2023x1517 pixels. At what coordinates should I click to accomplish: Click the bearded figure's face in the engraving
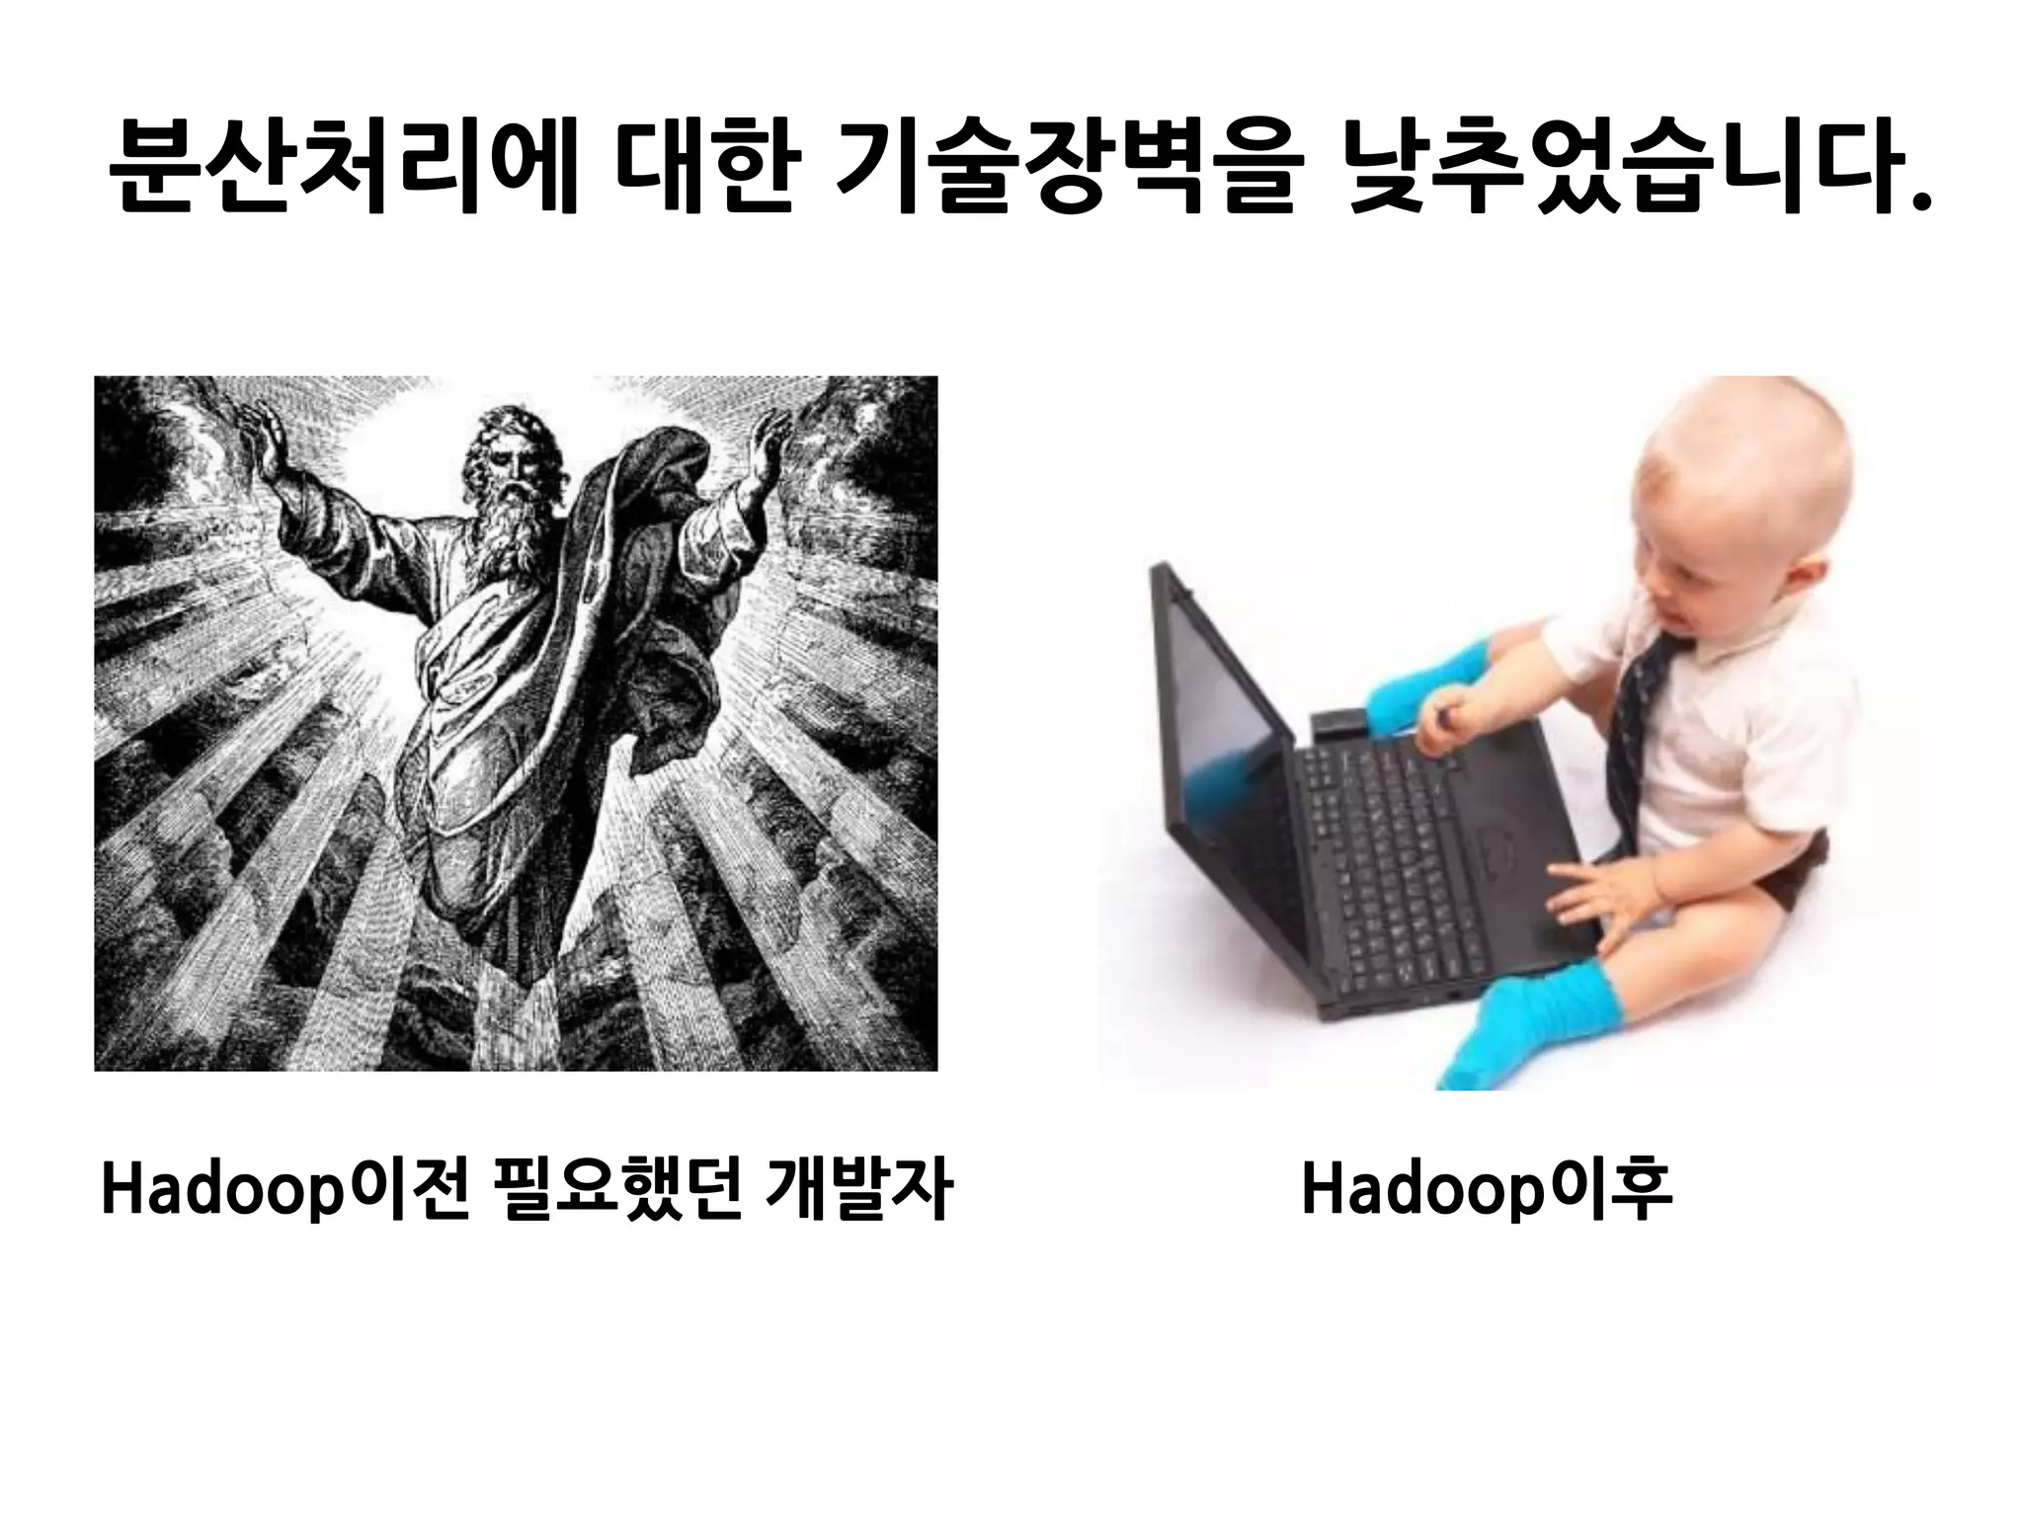pos(508,463)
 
